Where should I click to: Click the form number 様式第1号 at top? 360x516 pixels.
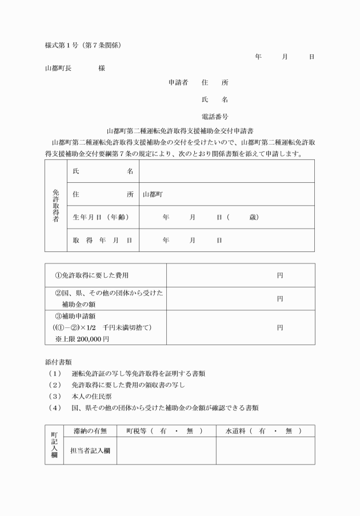click(x=63, y=45)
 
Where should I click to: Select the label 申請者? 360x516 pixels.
click(x=178, y=82)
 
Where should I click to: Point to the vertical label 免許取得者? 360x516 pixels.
click(x=55, y=206)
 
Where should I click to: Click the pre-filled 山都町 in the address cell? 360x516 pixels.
click(x=153, y=194)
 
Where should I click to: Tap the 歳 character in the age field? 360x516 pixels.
click(x=254, y=217)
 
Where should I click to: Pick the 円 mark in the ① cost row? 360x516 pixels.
click(x=280, y=275)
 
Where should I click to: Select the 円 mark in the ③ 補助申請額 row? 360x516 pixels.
click(x=280, y=327)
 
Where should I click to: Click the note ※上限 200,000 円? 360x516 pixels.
click(x=82, y=339)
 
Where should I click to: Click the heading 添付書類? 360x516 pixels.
click(x=58, y=362)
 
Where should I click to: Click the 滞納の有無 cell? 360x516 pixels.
click(x=87, y=430)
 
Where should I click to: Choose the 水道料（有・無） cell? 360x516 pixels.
click(x=265, y=430)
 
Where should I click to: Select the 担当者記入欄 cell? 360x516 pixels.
click(x=90, y=450)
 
